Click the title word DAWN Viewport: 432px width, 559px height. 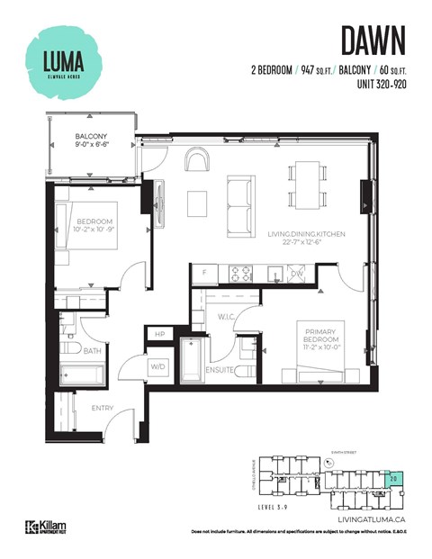[373, 41]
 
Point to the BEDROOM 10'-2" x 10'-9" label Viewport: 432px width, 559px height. [94, 225]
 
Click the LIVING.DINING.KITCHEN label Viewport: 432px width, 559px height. [303, 239]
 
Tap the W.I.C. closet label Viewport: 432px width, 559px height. [226, 315]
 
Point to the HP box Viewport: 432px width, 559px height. [159, 335]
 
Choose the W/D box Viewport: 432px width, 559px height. [157, 366]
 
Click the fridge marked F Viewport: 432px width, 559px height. [204, 271]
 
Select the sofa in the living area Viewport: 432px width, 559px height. [239, 204]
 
